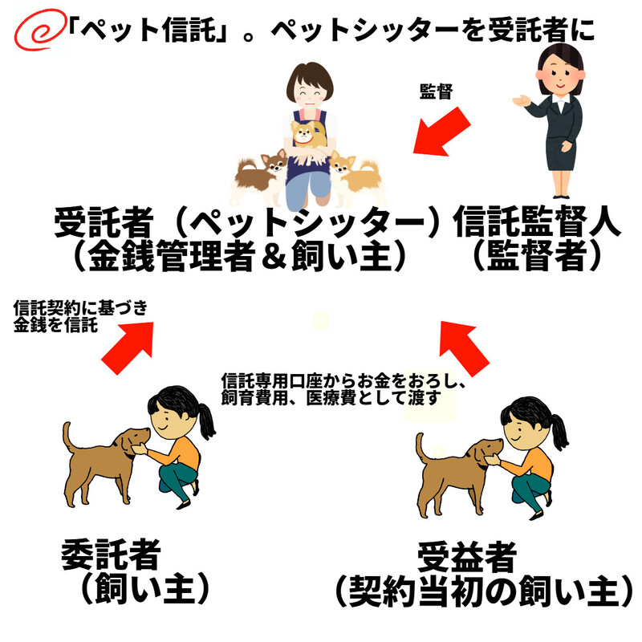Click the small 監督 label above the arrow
[436, 91]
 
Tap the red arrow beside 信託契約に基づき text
[128, 347]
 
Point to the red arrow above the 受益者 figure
[463, 348]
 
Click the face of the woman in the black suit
[560, 75]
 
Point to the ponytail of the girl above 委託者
[208, 419]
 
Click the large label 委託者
[111, 555]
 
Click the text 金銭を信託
[55, 325]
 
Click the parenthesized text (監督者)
[536, 256]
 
